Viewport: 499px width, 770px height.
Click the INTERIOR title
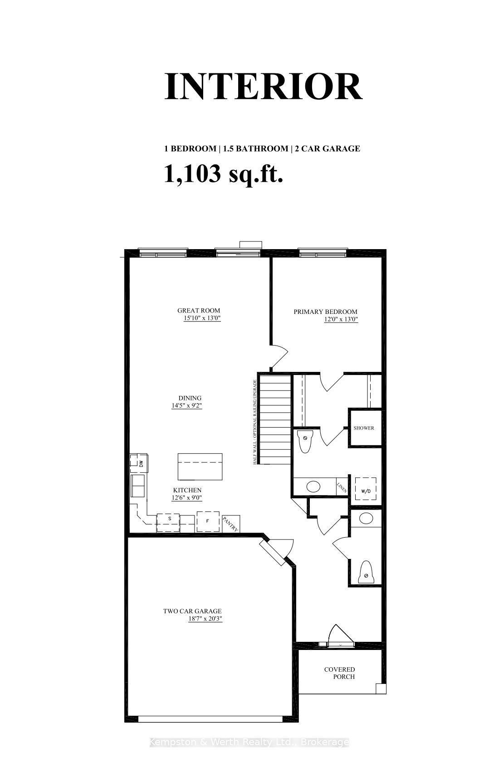click(263, 87)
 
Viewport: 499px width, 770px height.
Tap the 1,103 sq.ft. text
click(223, 174)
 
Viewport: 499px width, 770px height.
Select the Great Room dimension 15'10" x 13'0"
click(202, 318)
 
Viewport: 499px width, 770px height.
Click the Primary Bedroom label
click(325, 312)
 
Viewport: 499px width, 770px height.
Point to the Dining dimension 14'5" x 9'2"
click(186, 406)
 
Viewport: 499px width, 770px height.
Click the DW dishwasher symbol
click(139, 463)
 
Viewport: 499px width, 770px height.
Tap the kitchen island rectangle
click(200, 466)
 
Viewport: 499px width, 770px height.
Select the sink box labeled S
click(169, 523)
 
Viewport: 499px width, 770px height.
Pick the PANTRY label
click(230, 523)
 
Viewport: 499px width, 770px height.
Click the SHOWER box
click(364, 428)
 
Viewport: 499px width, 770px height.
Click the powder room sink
click(366, 518)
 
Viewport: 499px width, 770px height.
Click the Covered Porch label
click(339, 673)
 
